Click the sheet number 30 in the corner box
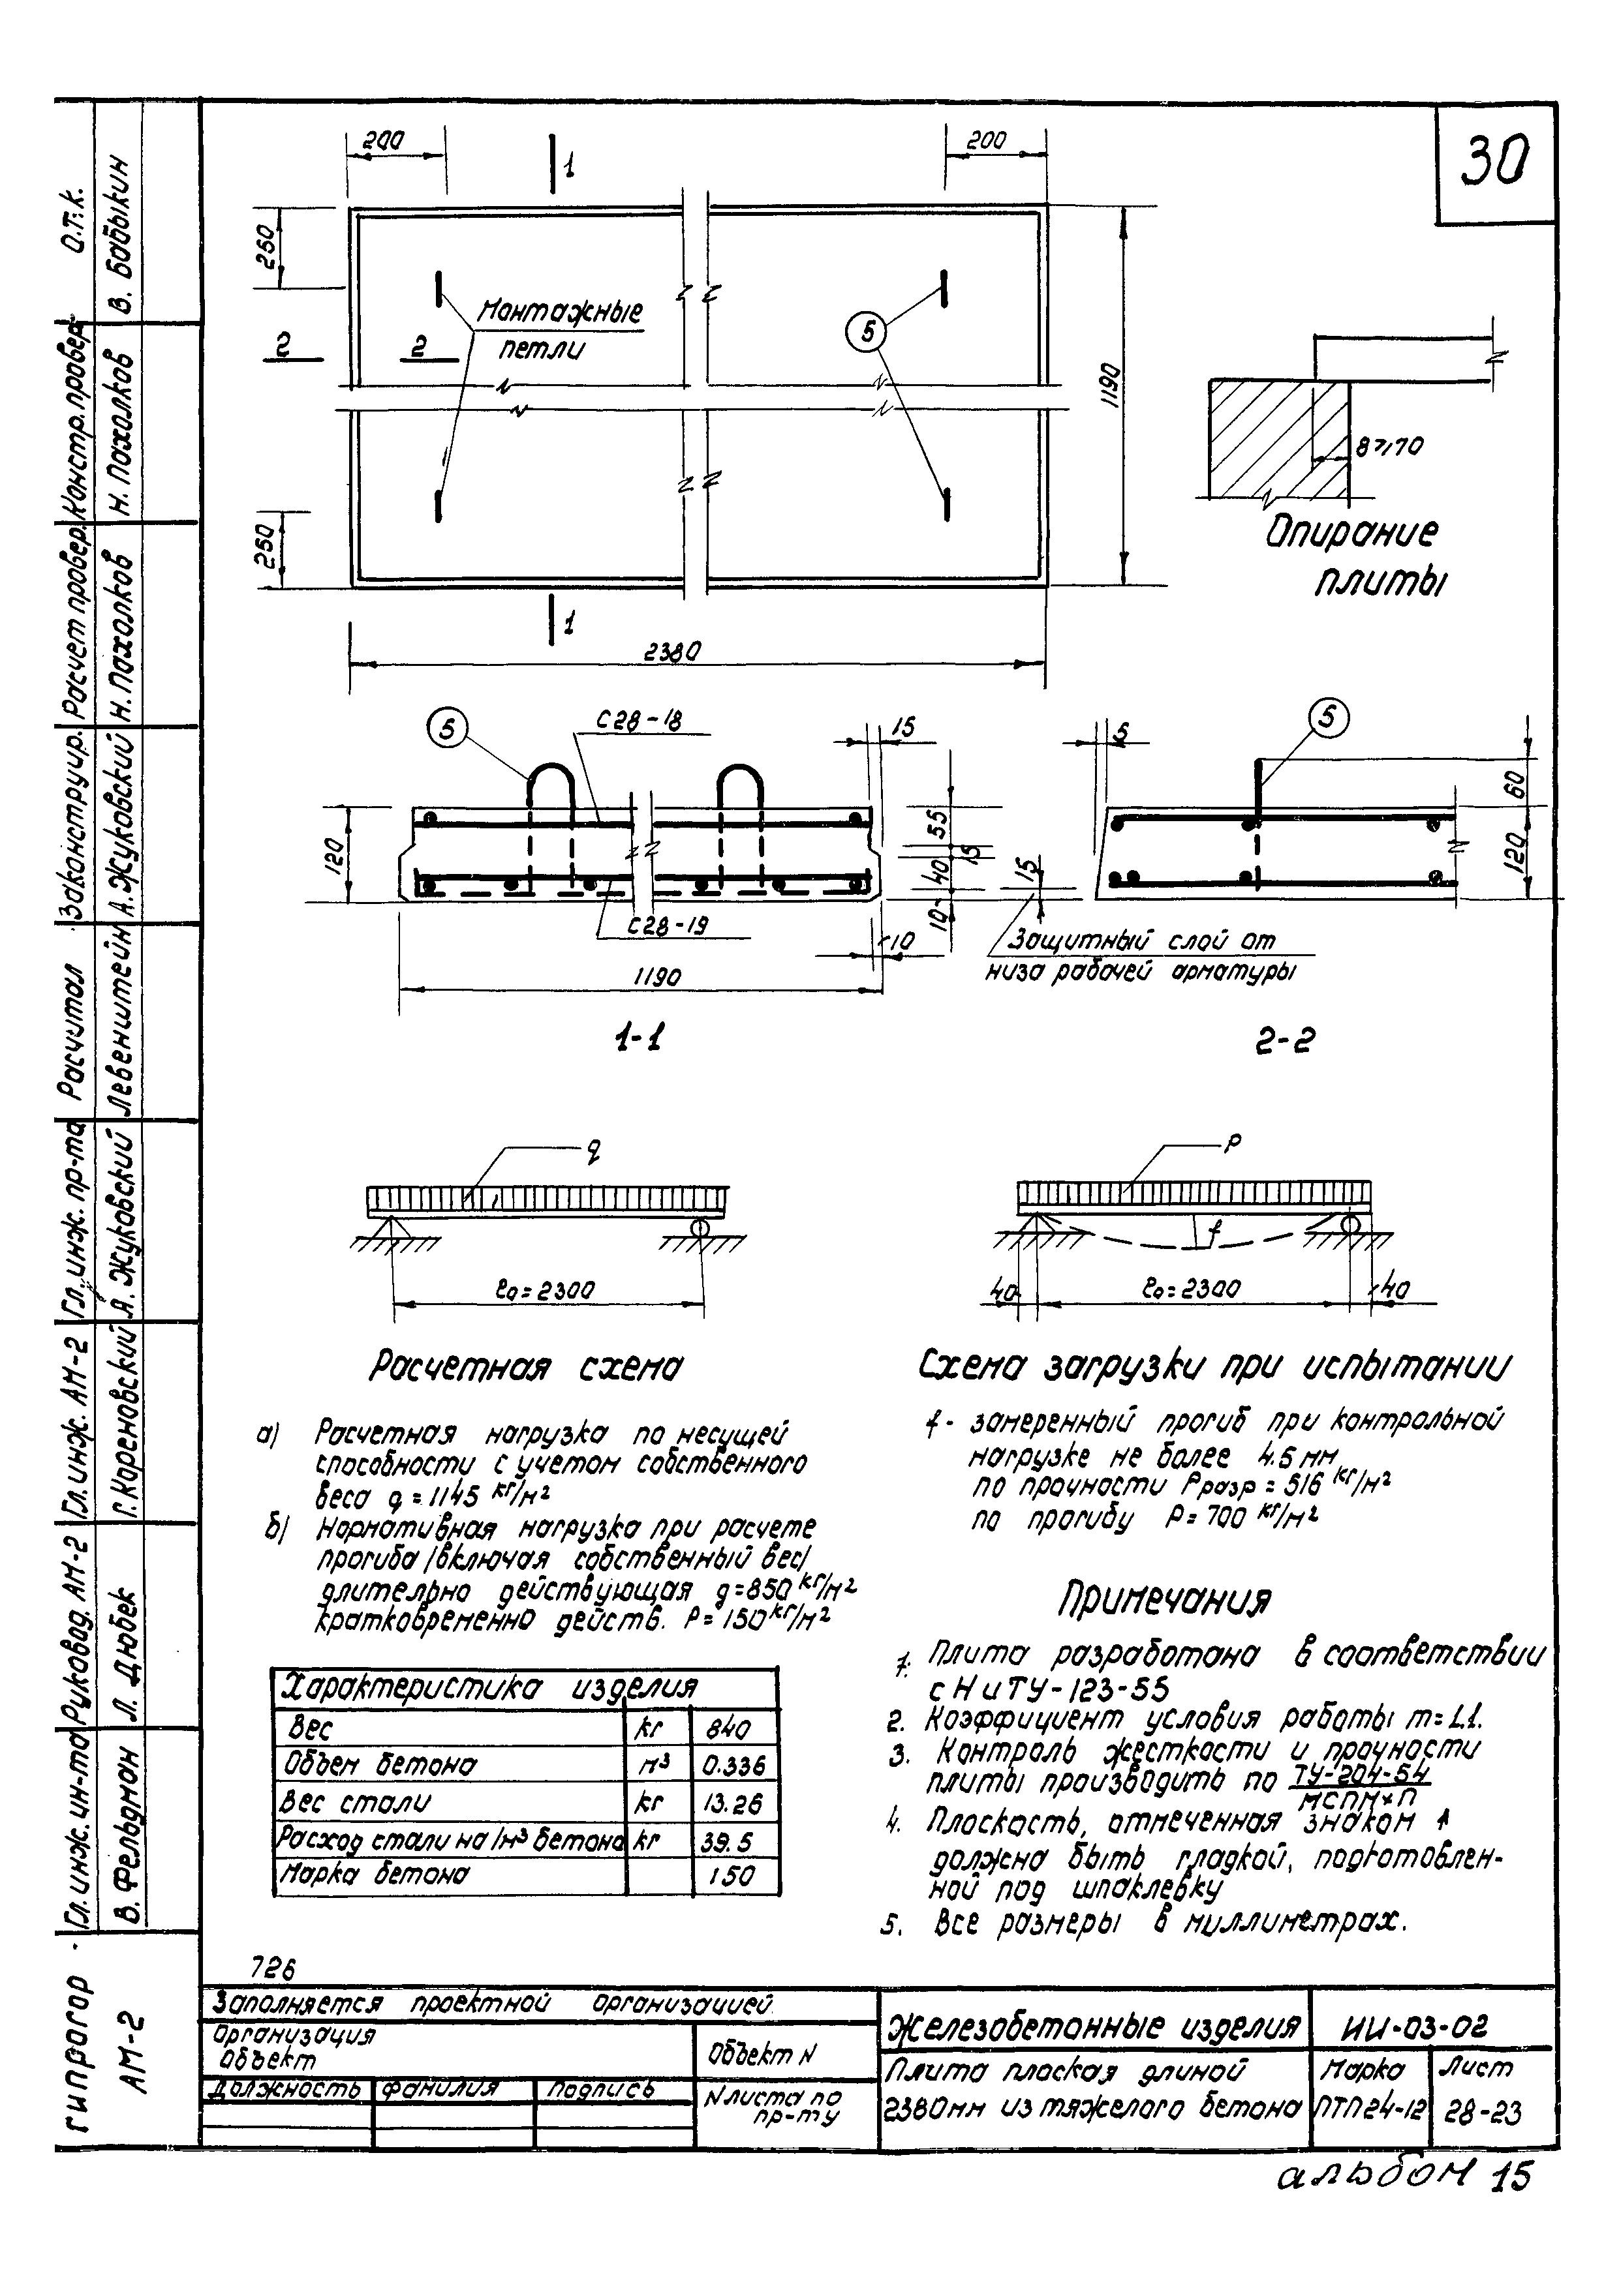pos(1494,162)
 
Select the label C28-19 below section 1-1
pos(667,926)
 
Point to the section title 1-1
pos(638,1040)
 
